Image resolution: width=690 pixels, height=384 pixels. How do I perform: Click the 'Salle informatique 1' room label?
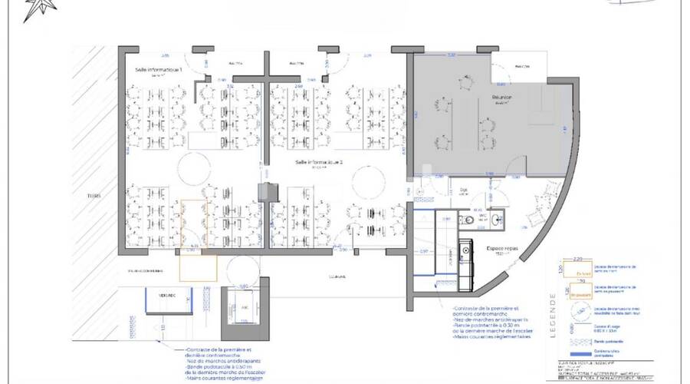(x=159, y=70)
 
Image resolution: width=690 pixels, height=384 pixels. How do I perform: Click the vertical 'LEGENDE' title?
(x=553, y=315)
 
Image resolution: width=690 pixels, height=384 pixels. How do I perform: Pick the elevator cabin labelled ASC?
(x=245, y=307)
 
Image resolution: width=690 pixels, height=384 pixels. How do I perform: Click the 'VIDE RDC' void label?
(x=163, y=295)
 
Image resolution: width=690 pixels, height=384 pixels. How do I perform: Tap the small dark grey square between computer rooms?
(x=266, y=192)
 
